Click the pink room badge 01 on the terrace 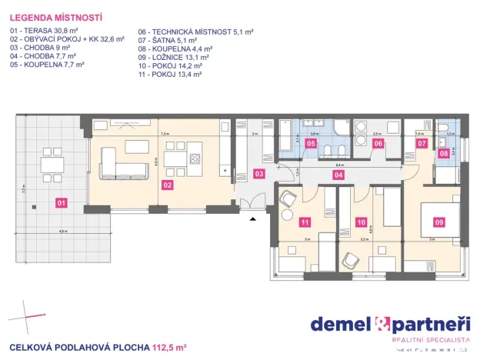click(x=62, y=204)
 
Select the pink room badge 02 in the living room click(x=167, y=185)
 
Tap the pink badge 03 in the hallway click(x=259, y=175)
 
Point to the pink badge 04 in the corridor click(x=338, y=175)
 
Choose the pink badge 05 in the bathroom click(x=311, y=143)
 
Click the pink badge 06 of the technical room click(x=378, y=143)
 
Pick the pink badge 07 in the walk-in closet click(x=422, y=143)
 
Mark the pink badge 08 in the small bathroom click(x=445, y=153)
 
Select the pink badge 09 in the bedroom click(x=439, y=222)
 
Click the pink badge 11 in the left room click(x=305, y=222)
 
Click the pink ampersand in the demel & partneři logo click(x=382, y=324)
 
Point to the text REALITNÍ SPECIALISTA click(x=430, y=339)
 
